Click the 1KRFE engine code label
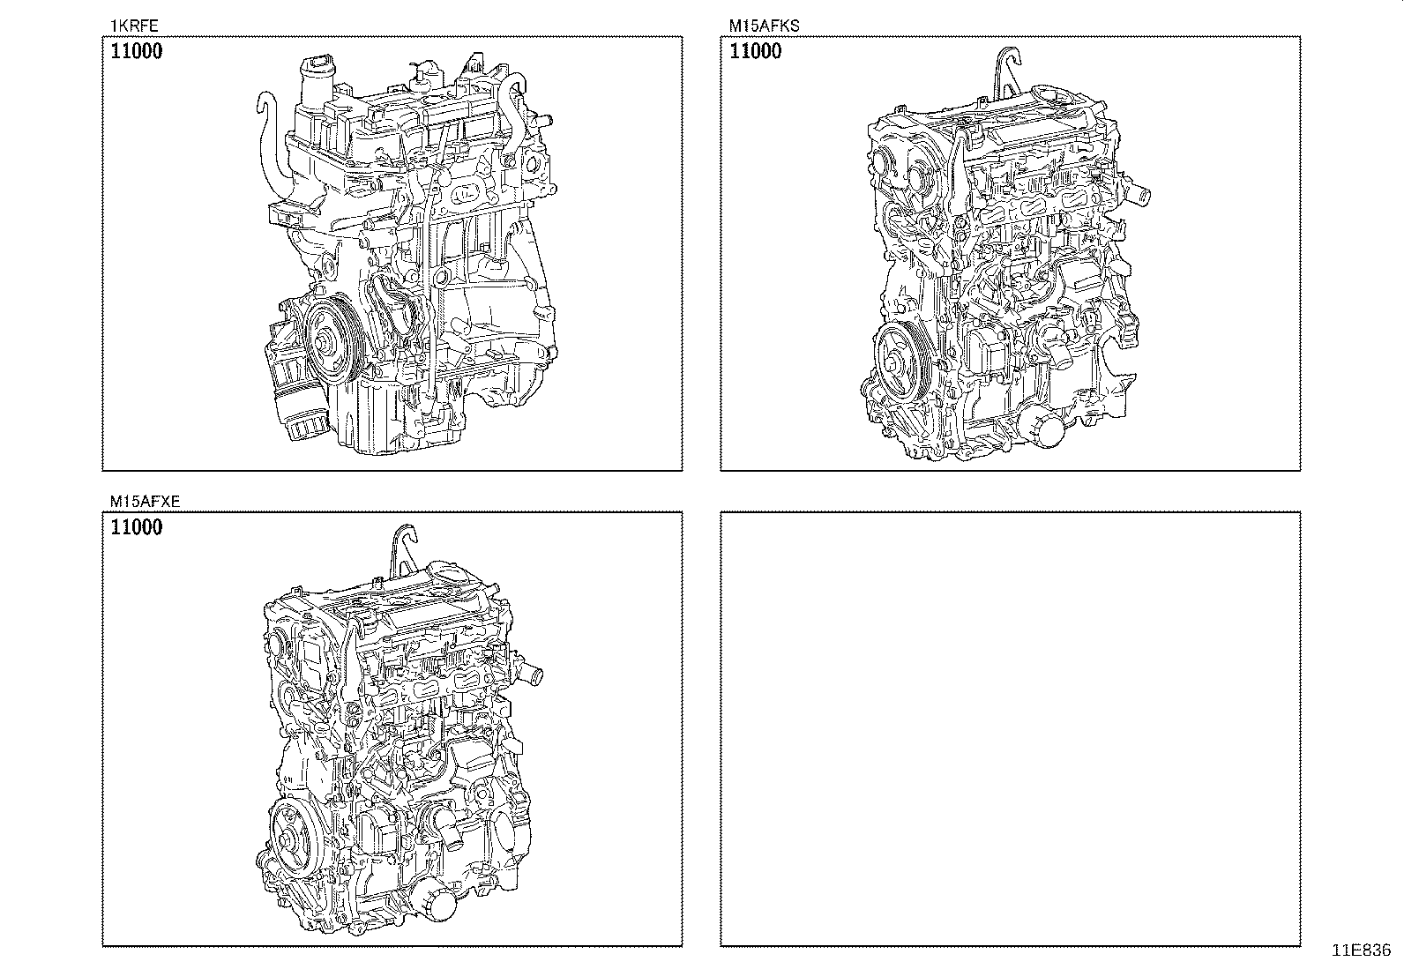(127, 26)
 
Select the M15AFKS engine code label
(763, 26)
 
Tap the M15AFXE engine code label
(145, 502)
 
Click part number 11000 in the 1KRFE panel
(137, 51)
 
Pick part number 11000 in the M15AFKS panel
(755, 51)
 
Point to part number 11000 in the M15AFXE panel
(137, 528)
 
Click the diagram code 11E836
(1361, 950)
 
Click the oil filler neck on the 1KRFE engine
(315, 79)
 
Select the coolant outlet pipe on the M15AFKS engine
(1141, 192)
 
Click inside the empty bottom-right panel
(1010, 728)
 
